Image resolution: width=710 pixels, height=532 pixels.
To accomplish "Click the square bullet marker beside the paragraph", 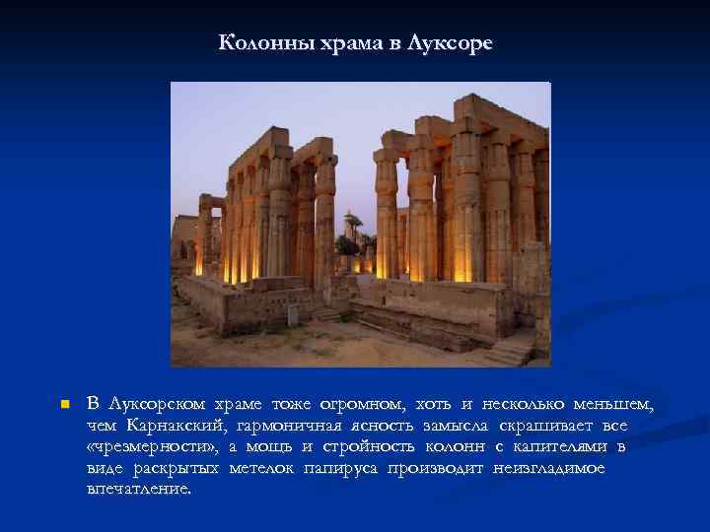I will (61, 405).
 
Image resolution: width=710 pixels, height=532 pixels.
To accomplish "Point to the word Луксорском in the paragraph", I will (158, 404).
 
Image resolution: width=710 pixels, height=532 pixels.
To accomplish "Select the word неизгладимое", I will (550, 468).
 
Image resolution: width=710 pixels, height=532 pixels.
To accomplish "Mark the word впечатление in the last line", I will (139, 489).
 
